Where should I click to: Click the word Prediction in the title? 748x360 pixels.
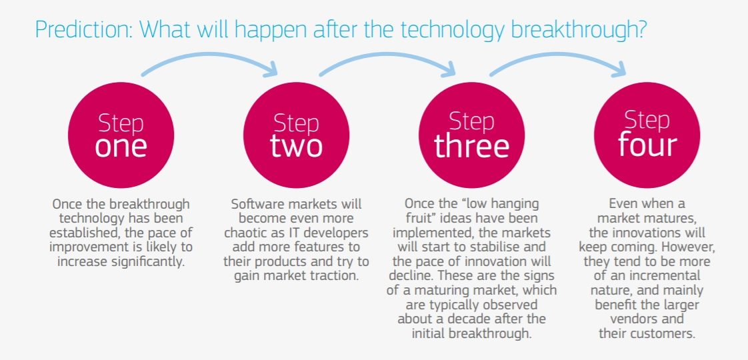[x=83, y=29]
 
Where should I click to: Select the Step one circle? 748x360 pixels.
[x=121, y=135]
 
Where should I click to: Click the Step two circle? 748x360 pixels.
[x=296, y=135]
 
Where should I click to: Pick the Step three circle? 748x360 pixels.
[x=471, y=135]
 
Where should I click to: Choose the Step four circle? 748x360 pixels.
[x=647, y=135]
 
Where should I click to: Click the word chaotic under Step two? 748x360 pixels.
[x=243, y=233]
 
